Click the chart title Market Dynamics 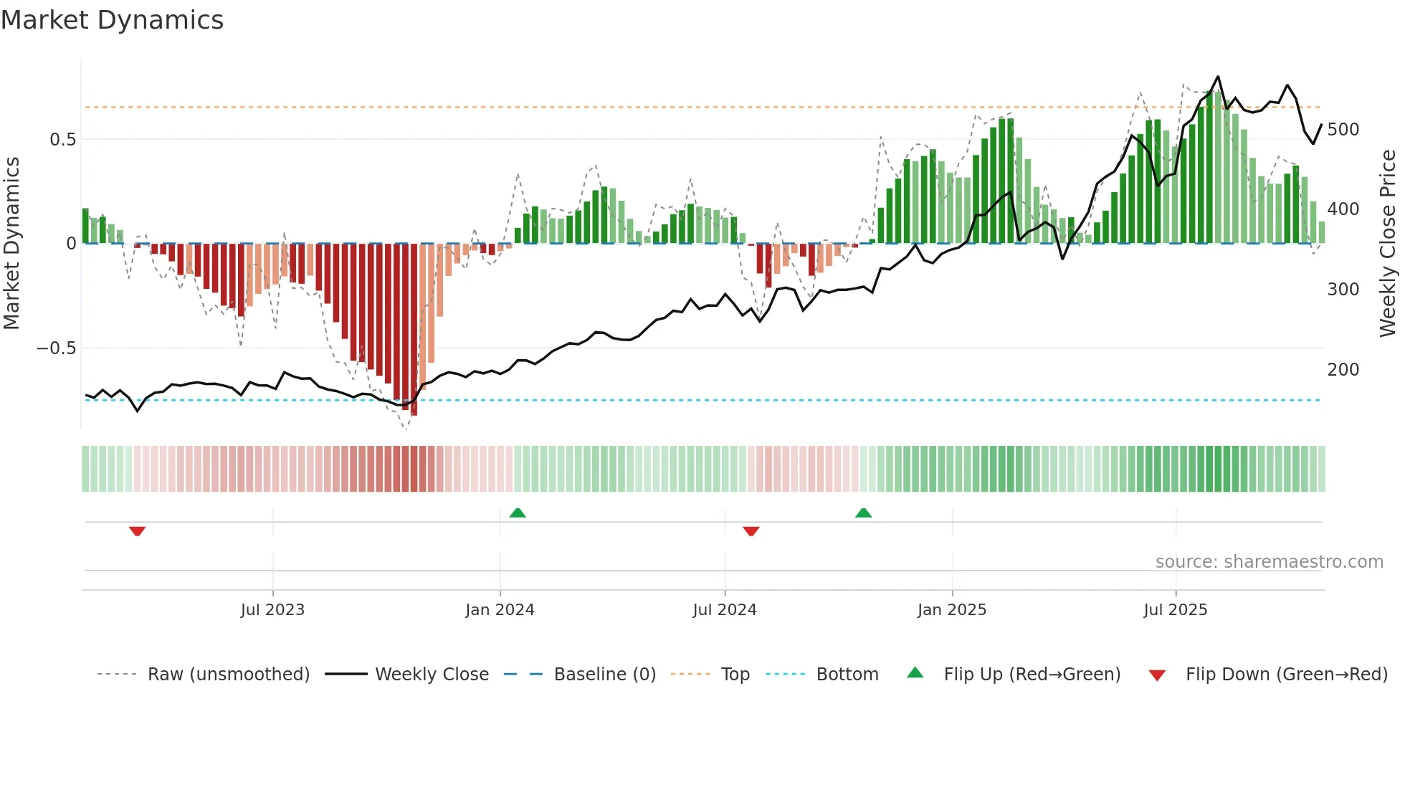112,20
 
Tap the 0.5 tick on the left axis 62,139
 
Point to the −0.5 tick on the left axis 56,348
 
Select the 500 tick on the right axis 1343,130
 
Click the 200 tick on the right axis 1343,370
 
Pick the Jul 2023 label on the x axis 272,610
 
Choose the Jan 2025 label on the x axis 951,610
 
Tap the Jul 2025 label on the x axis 1175,610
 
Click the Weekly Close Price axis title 1388,243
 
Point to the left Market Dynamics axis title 11,243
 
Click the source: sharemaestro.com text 1269,562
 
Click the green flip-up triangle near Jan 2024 518,513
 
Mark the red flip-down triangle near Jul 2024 751,531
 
